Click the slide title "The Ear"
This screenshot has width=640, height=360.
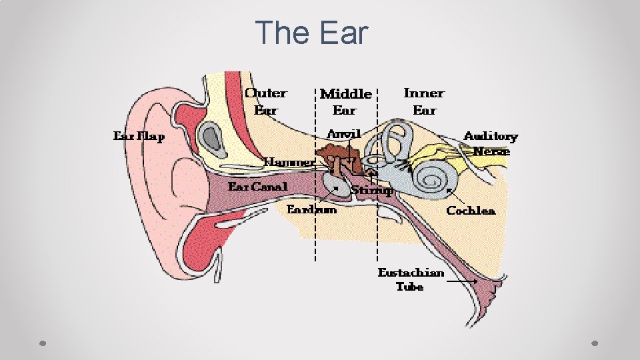tap(311, 33)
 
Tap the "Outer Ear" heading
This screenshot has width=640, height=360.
tap(265, 101)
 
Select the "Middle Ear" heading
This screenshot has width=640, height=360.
tap(345, 101)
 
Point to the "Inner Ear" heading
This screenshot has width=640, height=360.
tap(423, 101)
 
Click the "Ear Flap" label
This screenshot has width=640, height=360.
tap(139, 136)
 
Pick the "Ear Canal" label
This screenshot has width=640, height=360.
tap(258, 187)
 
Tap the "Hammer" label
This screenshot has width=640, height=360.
tap(289, 162)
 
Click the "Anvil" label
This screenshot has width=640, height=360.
tap(343, 133)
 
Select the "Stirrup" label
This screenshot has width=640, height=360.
tap(371, 191)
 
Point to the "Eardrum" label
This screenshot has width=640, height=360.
tap(311, 209)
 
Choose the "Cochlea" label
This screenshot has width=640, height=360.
tap(471, 211)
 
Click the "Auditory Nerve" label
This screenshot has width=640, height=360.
tap(491, 143)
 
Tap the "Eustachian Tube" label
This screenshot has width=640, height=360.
tap(411, 279)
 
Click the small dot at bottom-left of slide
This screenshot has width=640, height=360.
tap(42, 344)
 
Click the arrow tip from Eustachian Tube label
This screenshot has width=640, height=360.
tap(475, 283)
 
